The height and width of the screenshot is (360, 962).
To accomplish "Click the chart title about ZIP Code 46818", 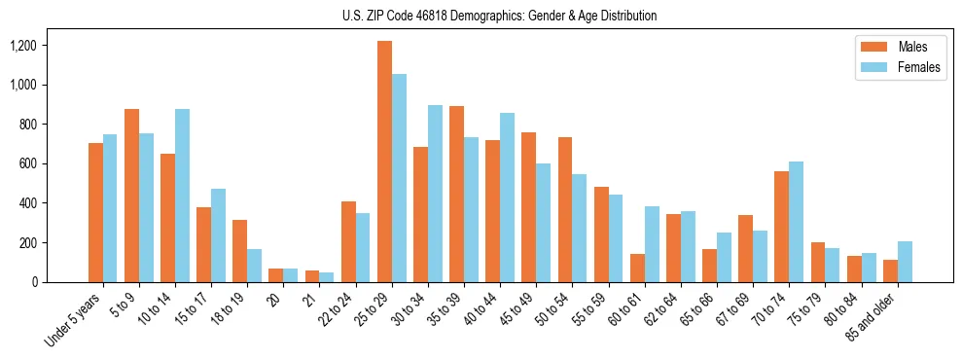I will [500, 16].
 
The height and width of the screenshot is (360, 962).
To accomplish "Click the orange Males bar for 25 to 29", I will [384, 162].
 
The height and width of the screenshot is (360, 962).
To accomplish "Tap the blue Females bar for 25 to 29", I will [399, 178].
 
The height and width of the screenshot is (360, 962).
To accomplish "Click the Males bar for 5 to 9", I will [131, 196].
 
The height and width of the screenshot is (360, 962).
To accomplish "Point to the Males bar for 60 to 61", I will [637, 268].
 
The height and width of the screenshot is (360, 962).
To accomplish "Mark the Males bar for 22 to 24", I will [348, 241].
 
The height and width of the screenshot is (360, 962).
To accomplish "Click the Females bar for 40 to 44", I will [507, 198].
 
